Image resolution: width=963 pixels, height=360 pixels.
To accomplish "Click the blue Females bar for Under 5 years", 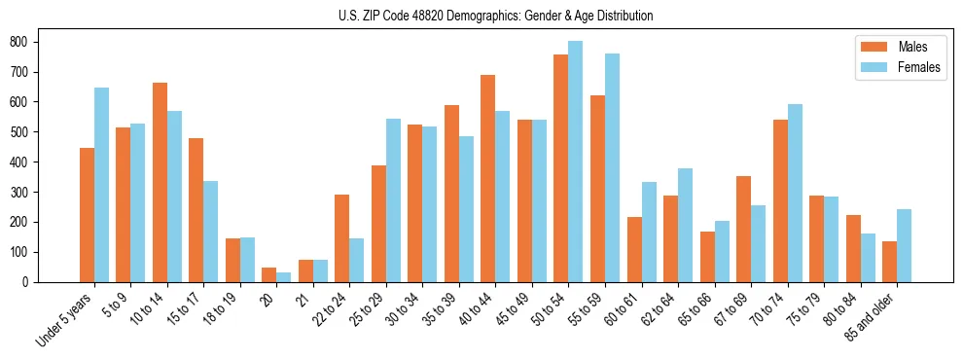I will pyautogui.click(x=101, y=185).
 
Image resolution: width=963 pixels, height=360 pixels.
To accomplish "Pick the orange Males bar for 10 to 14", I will pyautogui.click(x=160, y=182).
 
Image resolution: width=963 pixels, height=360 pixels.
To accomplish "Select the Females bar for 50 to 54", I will pyautogui.click(x=576, y=162).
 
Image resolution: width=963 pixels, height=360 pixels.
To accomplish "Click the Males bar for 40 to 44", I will pyautogui.click(x=488, y=178).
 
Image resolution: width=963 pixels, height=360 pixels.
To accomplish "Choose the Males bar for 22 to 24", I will pyautogui.click(x=342, y=238).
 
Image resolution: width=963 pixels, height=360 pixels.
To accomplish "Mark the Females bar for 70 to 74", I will pyautogui.click(x=795, y=193).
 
